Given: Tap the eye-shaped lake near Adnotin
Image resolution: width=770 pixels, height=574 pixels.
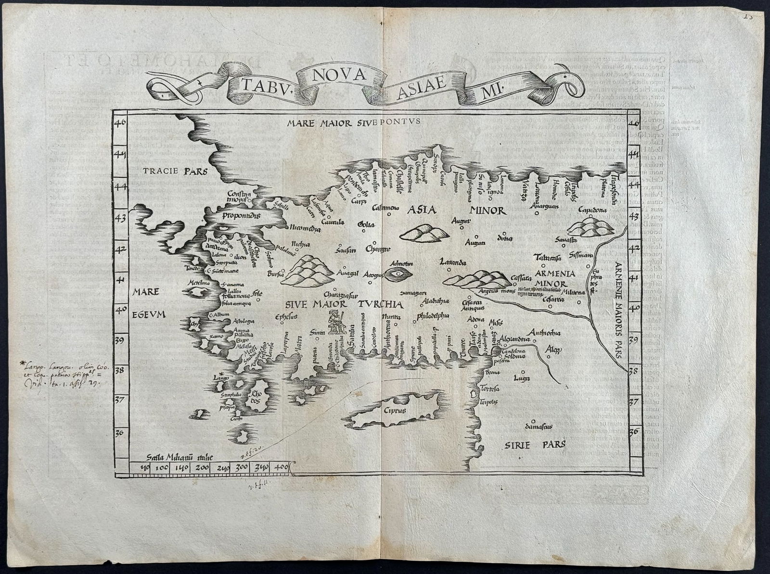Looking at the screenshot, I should tap(398, 274).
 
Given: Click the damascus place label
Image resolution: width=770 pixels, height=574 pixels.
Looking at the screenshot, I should tap(538, 426).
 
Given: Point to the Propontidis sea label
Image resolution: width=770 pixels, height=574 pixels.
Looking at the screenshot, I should tap(241, 216).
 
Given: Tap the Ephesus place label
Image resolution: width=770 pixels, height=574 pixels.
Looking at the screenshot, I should tap(286, 317).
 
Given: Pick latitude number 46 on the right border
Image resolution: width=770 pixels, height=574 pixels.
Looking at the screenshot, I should tap(635, 124).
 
